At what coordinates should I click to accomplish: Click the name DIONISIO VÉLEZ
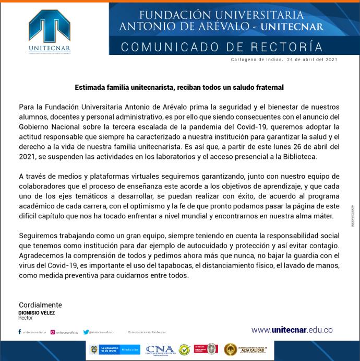click(37, 312)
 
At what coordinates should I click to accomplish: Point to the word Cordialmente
click(40, 305)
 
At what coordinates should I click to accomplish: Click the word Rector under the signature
click(26, 318)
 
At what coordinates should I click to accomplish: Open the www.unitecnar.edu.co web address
click(291, 330)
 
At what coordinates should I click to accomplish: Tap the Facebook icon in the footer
click(19, 332)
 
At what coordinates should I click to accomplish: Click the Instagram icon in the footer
click(53, 332)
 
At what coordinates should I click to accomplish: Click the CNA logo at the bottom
click(160, 350)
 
